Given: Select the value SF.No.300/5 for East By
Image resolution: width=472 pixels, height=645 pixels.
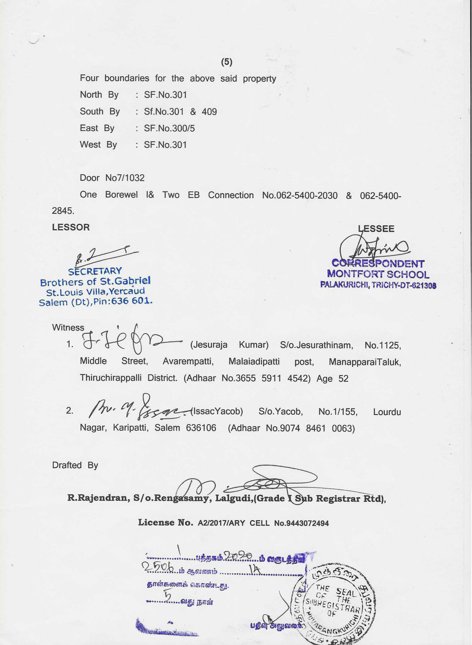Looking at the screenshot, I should [169, 128].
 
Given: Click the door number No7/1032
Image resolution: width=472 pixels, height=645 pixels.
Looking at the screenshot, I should [125, 178].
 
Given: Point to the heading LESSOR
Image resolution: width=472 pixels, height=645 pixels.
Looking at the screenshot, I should [71, 227].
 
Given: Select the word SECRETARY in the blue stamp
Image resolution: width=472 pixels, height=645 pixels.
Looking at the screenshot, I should [95, 271].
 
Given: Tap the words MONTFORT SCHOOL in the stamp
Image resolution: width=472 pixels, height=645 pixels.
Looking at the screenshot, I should [378, 274].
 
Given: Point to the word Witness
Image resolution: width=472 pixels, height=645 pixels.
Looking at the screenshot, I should [68, 327].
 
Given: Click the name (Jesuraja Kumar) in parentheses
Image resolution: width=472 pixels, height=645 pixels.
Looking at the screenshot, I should [229, 345].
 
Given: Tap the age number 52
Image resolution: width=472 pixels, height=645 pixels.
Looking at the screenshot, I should [343, 379].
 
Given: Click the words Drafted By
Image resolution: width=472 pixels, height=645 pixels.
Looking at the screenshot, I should [75, 465].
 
